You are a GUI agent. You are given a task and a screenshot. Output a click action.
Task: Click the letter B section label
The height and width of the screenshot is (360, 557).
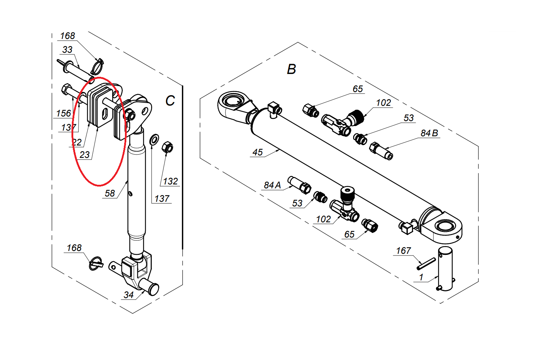[291, 69]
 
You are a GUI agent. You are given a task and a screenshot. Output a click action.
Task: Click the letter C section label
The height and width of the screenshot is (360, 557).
[170, 101]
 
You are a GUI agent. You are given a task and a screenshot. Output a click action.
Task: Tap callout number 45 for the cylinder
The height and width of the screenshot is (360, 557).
[257, 152]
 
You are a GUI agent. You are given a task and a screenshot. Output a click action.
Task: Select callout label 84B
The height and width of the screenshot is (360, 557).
[429, 133]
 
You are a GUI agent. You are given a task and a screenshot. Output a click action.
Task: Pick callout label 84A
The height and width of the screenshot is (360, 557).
[272, 185]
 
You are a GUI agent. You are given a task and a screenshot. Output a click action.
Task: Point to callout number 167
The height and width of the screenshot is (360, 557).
[403, 251]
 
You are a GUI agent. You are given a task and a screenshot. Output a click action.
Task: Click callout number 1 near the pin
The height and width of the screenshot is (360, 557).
[421, 277]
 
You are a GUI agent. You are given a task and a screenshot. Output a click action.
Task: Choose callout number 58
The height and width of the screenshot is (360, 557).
[110, 193]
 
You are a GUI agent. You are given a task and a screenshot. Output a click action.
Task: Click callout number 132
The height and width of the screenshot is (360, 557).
[170, 181]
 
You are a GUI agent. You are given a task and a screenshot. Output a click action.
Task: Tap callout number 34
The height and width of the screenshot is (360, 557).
[128, 295]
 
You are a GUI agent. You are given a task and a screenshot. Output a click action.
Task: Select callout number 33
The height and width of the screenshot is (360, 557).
[67, 50]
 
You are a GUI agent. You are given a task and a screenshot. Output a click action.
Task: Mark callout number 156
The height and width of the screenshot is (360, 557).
[64, 113]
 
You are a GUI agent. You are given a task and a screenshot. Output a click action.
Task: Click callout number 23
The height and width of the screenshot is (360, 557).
[85, 155]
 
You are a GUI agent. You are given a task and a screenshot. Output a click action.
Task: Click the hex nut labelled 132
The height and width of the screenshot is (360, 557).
[167, 147]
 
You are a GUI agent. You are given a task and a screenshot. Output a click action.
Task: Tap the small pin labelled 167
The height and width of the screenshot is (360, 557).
[426, 263]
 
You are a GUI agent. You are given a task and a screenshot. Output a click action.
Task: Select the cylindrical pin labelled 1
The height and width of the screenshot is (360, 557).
[445, 269]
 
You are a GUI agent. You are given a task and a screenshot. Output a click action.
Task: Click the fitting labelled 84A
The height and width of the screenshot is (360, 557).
[300, 184]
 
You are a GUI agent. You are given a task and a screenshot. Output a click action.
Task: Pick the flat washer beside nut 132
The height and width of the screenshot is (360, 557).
[154, 139]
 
